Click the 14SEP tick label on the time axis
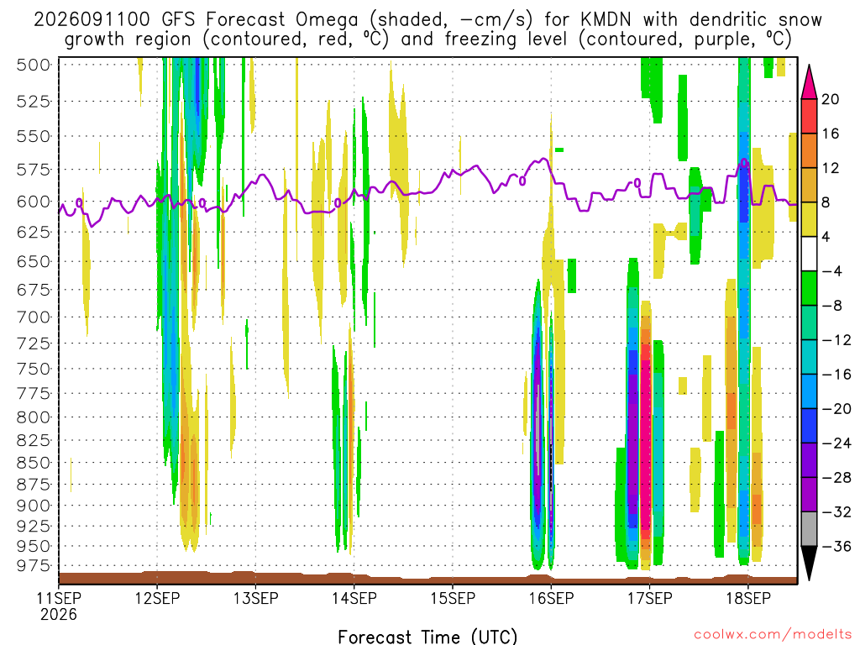point(354,598)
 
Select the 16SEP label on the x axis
point(551,598)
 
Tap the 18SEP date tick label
point(748,598)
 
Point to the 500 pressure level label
point(34,65)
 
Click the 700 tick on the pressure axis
point(34,317)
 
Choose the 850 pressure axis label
point(34,463)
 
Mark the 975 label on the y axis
point(34,565)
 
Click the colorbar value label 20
point(831,99)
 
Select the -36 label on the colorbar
point(836,546)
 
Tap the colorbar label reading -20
point(836,409)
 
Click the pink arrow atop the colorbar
point(809,82)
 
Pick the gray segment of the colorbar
point(809,529)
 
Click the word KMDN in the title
point(606,20)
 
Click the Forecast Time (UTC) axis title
point(427,637)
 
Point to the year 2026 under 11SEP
point(59,615)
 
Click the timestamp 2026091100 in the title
point(92,20)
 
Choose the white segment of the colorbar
point(809,254)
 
